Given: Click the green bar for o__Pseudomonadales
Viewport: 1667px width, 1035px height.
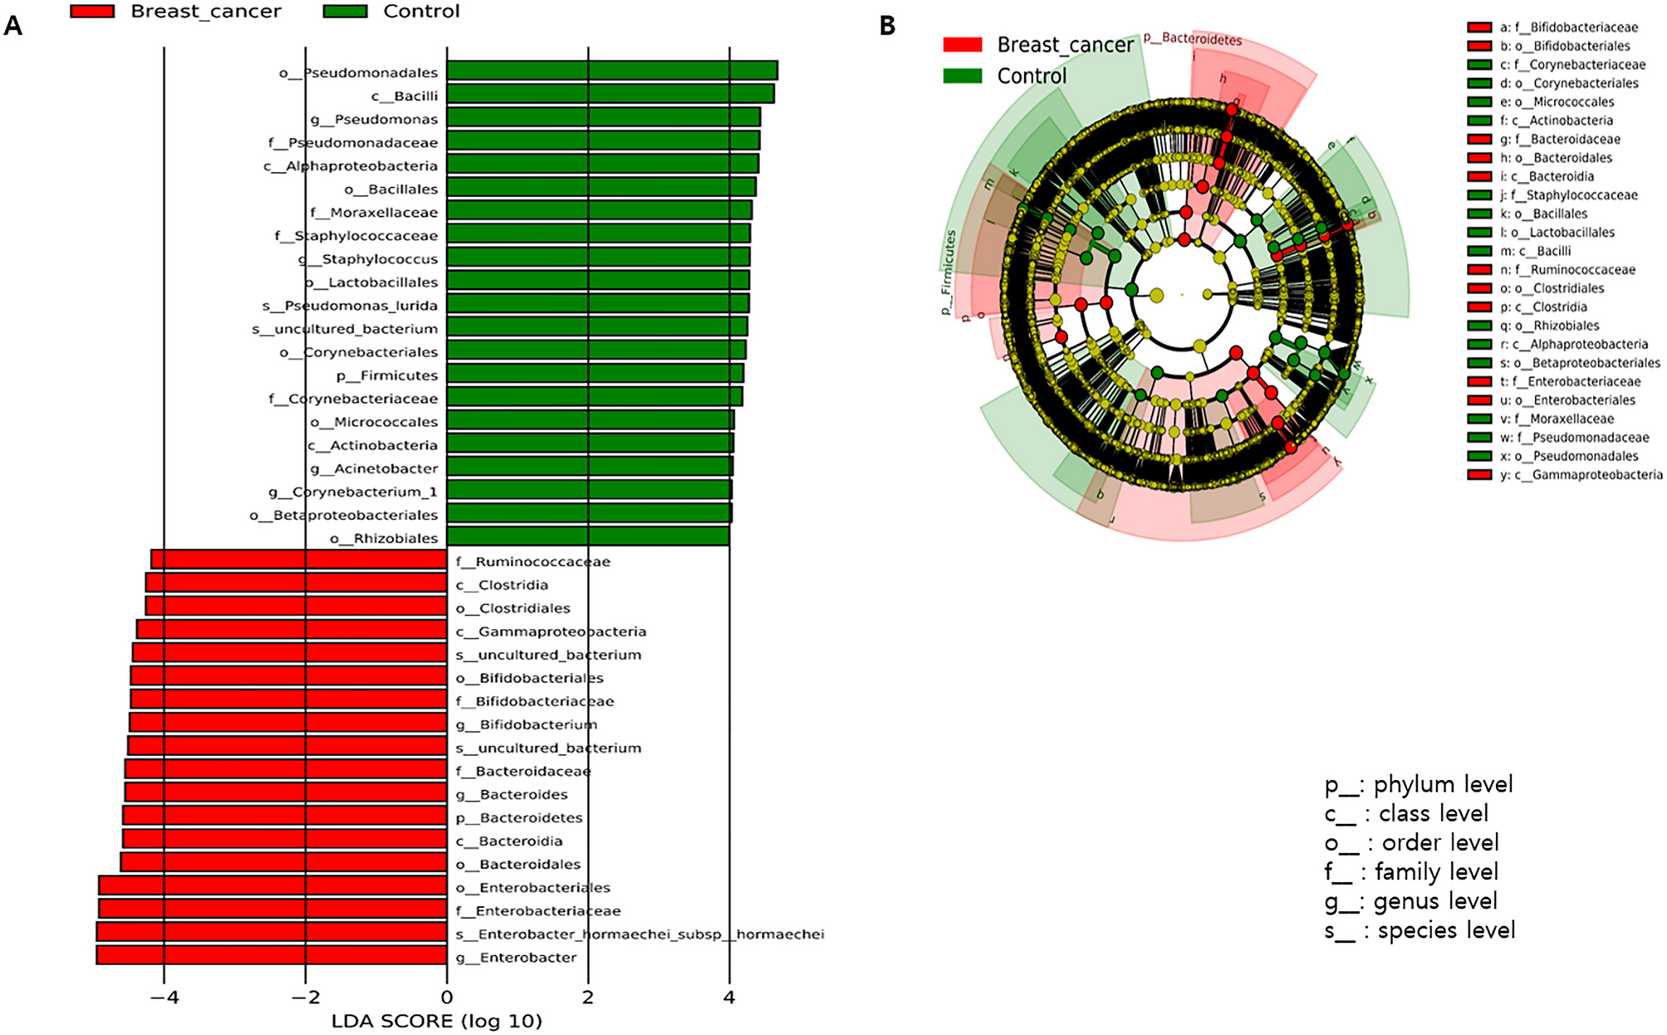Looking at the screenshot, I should pos(611,71).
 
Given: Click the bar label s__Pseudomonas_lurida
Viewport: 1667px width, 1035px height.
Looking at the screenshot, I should pos(350,306).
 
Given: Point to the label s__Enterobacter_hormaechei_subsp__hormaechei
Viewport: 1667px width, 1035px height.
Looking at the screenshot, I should pos(640,934).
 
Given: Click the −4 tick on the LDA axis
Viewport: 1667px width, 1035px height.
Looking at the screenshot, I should pos(164,997).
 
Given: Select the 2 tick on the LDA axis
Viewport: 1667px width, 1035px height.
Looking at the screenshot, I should pos(588,997).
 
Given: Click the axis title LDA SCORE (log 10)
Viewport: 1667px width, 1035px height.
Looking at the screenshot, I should pos(436,1021).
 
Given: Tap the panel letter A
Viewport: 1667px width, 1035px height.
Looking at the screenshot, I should pos(12,26).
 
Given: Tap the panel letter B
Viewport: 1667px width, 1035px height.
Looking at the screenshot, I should pos(887,26).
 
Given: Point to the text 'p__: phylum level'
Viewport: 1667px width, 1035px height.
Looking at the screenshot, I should pos(1418,784).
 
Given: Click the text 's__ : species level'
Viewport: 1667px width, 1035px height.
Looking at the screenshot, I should pos(1419,930).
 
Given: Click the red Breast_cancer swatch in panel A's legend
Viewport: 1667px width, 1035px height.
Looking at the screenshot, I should pos(91,12).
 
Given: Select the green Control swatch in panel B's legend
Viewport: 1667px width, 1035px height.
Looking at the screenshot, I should pos(962,76).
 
